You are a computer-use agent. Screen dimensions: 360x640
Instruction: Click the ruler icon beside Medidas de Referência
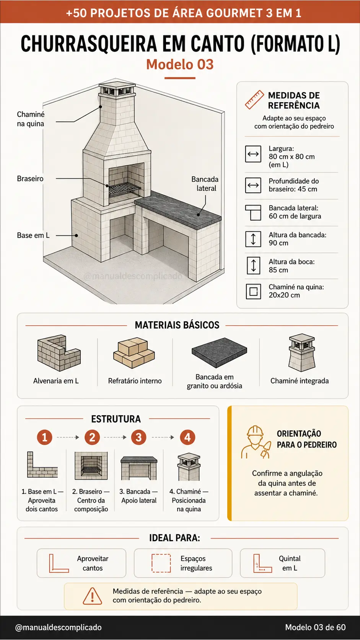click(x=254, y=100)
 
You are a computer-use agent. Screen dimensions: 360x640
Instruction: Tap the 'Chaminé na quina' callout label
click(x=31, y=119)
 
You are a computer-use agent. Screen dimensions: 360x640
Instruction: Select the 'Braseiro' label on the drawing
click(x=30, y=179)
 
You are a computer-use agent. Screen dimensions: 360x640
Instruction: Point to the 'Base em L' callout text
click(x=33, y=235)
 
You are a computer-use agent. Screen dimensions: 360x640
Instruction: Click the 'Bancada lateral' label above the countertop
click(x=205, y=184)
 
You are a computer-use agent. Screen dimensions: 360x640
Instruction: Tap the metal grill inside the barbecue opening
click(x=125, y=190)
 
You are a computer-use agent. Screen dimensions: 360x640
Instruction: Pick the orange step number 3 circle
click(x=139, y=438)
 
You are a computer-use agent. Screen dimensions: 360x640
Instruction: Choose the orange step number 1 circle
click(x=44, y=438)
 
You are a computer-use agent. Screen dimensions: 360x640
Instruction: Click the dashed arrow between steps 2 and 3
click(x=115, y=438)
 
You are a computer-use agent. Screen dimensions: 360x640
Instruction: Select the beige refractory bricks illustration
click(x=134, y=353)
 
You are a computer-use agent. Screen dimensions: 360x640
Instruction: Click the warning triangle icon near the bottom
click(x=92, y=596)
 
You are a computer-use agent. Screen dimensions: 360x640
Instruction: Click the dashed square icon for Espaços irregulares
click(x=161, y=563)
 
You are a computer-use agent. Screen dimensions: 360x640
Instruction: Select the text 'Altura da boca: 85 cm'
click(x=292, y=266)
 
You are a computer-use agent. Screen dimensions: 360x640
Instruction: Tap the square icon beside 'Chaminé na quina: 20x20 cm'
click(x=254, y=291)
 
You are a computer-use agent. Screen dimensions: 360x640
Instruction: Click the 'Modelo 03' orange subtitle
click(x=180, y=64)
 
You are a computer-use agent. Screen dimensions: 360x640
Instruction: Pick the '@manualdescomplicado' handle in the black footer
click(x=58, y=627)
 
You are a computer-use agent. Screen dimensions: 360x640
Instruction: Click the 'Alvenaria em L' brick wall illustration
click(x=59, y=353)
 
